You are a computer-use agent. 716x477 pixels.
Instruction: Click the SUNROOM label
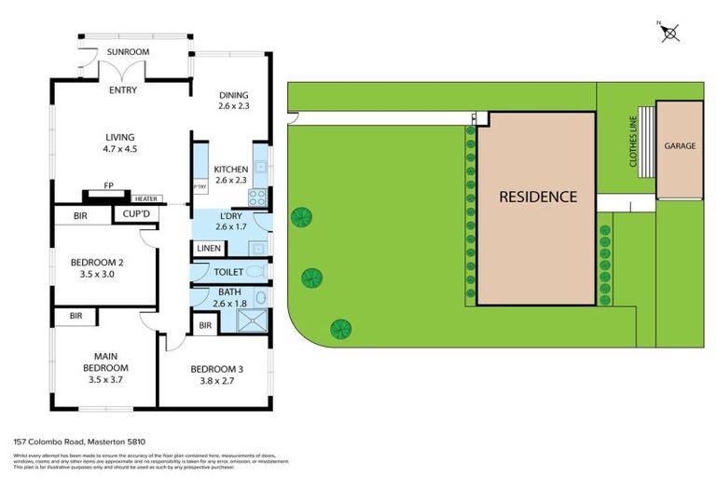click(130, 52)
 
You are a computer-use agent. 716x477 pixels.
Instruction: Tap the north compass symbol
click(669, 33)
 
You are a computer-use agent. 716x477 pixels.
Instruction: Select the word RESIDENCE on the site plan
click(537, 198)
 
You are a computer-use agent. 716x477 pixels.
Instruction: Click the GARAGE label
click(680, 146)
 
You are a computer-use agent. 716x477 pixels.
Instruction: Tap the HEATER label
click(146, 198)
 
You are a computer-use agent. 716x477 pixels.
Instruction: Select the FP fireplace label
click(108, 185)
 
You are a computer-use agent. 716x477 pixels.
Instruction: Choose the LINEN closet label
click(208, 249)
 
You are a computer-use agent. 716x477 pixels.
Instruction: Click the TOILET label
click(228, 272)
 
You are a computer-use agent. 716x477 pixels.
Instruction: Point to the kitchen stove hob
click(258, 198)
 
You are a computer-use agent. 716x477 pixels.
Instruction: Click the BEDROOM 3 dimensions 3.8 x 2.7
click(213, 380)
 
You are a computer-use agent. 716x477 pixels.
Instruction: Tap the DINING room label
click(234, 94)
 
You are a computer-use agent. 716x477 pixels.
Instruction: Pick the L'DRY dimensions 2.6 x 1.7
click(231, 226)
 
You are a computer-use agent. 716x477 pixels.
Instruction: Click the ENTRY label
click(123, 91)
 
